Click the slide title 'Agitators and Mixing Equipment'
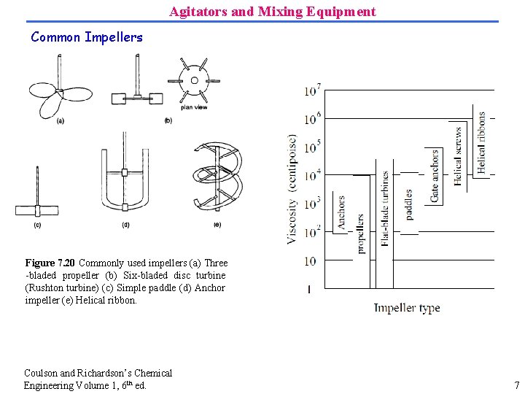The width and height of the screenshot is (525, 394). pyautogui.click(x=273, y=12)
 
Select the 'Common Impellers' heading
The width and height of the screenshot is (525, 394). pyautogui.click(x=87, y=37)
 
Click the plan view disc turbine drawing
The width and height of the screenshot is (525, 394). pyautogui.click(x=194, y=80)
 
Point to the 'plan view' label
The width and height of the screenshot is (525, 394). pyautogui.click(x=194, y=107)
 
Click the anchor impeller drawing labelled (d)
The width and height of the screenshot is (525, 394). pyautogui.click(x=125, y=178)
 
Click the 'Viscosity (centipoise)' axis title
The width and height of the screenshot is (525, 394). pyautogui.click(x=292, y=188)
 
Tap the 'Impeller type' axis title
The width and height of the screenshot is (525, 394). pyautogui.click(x=407, y=308)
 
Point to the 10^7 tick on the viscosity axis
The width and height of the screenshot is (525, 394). pyautogui.click(x=313, y=90)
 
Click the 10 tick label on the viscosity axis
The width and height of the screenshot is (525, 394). pyautogui.click(x=311, y=260)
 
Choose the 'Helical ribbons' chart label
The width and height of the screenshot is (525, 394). pyautogui.click(x=481, y=142)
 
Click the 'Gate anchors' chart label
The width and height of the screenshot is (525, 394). pyautogui.click(x=435, y=176)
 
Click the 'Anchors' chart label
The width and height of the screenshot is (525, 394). pyautogui.click(x=341, y=212)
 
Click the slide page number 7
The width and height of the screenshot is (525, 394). pyautogui.click(x=516, y=385)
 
